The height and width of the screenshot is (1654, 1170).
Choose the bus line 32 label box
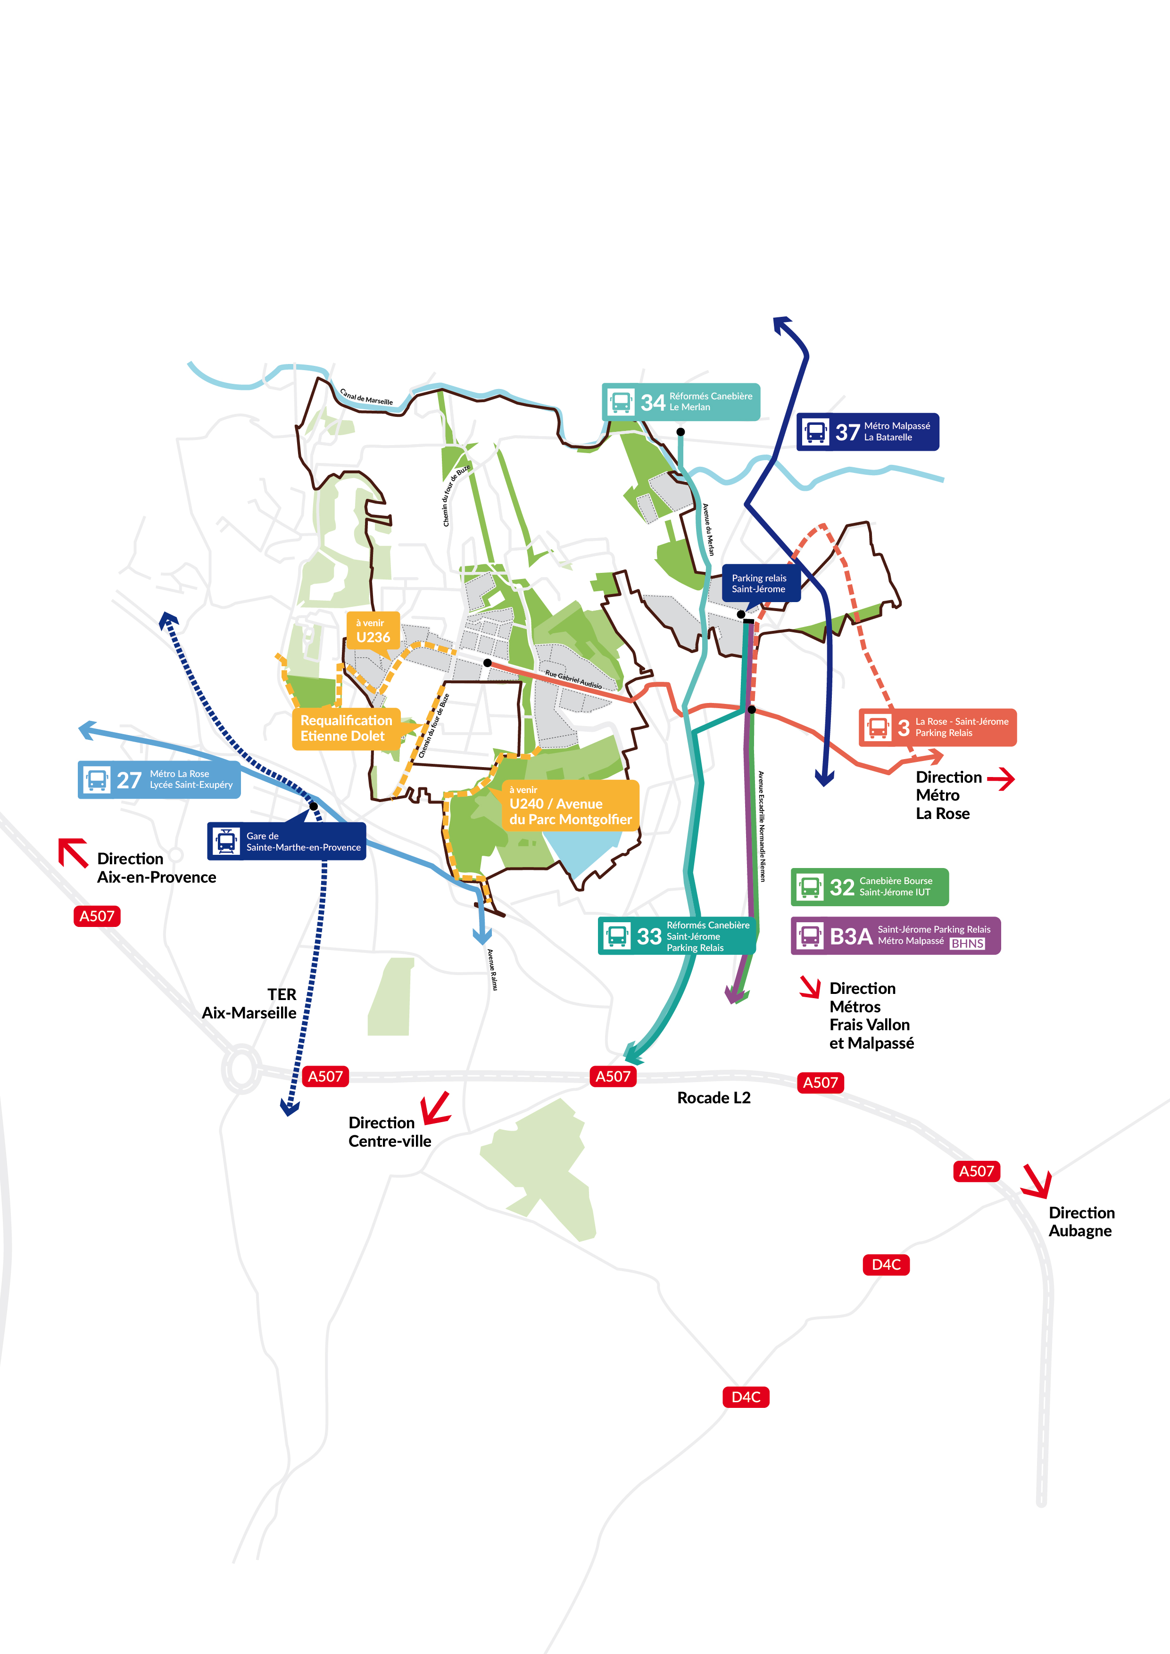870,887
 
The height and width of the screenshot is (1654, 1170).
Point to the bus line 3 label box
938,728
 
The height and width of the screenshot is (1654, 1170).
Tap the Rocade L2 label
713,1098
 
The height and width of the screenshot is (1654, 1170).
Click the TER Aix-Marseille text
249,1003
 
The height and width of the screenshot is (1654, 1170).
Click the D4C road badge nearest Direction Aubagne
886,1264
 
